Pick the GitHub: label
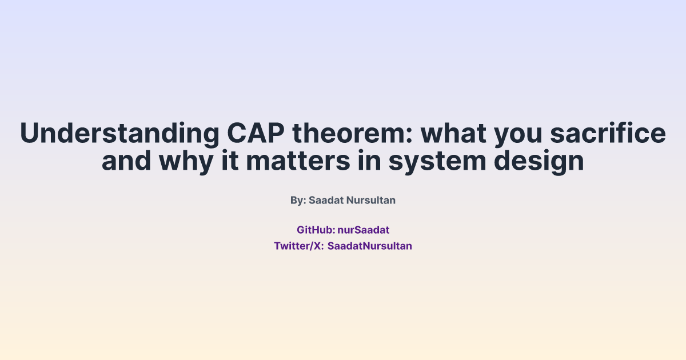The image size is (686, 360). click(x=316, y=230)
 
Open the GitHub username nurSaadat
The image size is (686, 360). click(x=363, y=230)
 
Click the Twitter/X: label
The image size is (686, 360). click(x=299, y=246)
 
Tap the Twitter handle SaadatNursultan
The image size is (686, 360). click(x=369, y=246)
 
